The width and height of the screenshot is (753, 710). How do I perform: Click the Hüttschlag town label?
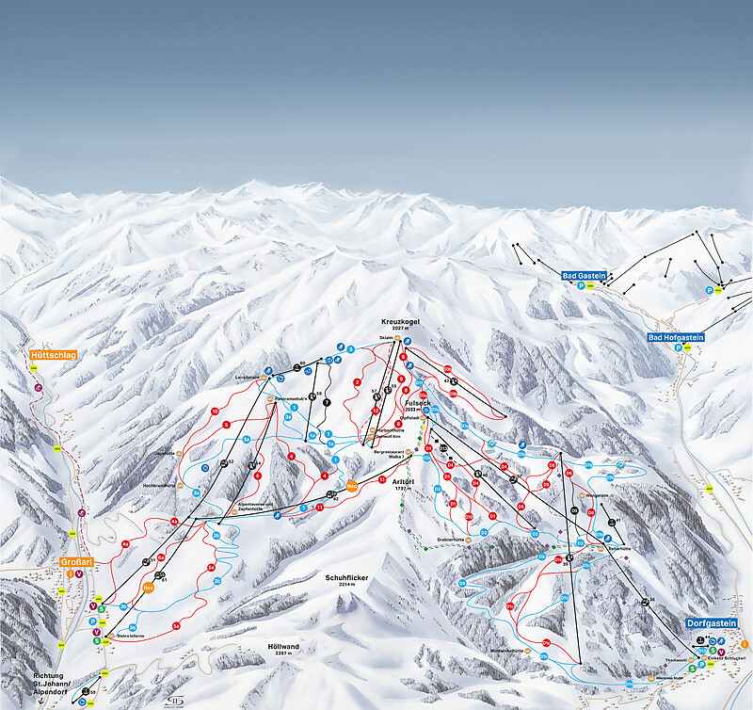52,355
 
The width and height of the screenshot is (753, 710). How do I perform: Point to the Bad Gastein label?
583,276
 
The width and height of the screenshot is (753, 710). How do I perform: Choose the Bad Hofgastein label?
676,337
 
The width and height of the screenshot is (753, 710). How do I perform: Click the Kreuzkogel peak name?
400,322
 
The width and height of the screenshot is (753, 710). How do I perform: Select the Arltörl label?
403,480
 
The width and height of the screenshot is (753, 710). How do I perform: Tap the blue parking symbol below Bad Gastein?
581,285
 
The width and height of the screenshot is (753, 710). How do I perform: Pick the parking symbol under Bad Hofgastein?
678,347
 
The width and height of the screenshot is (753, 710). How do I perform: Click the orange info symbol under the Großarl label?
70,573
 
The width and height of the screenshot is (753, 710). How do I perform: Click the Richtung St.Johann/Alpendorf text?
49,683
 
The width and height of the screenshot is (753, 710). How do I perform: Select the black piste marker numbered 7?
327,403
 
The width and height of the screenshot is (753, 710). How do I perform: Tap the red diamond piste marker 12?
375,411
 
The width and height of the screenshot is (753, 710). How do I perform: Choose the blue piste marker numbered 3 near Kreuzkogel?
350,349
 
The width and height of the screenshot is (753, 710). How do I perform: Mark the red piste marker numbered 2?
358,382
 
